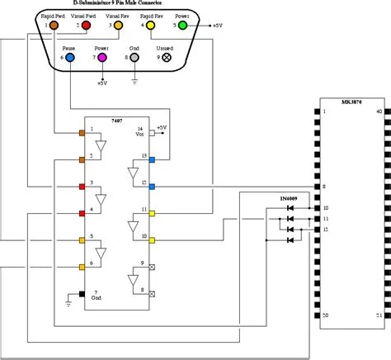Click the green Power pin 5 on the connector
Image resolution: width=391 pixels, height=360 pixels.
pyautogui.click(x=182, y=26)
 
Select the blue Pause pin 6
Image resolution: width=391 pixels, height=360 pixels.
pyautogui.click(x=71, y=59)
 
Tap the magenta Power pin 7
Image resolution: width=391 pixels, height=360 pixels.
pyautogui.click(x=102, y=59)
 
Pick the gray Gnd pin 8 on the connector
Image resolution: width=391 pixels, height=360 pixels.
pyautogui.click(x=134, y=59)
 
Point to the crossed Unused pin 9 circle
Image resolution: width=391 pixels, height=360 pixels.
pyautogui.click(x=167, y=59)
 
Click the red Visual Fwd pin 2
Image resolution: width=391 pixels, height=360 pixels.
pyautogui.click(x=87, y=26)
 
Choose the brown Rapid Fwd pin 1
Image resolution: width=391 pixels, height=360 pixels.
pyautogui.click(x=54, y=26)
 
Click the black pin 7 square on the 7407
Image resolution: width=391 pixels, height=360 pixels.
pyautogui.click(x=82, y=293)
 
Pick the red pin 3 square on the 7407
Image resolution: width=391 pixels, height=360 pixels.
pyautogui.click(x=82, y=186)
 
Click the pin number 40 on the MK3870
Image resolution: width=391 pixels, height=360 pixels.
pyautogui.click(x=379, y=111)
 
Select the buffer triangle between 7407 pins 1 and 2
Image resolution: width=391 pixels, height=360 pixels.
pyautogui.click(x=102, y=147)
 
